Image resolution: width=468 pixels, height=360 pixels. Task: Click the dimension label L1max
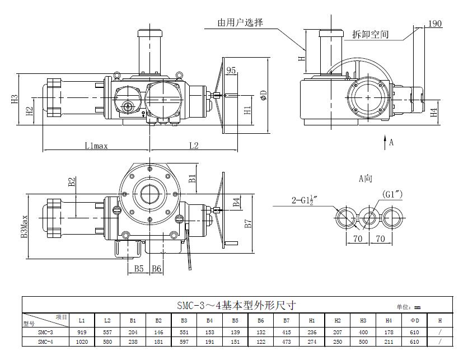click(96, 146)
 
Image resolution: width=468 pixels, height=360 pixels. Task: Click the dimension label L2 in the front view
click(193, 146)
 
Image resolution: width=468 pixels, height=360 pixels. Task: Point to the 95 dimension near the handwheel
click(231, 70)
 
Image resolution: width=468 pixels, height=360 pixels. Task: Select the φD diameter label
click(263, 96)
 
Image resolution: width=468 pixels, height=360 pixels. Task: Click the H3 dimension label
click(15, 99)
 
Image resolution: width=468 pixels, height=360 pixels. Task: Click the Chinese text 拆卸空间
click(371, 34)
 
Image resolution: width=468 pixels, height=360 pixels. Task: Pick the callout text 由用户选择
click(241, 22)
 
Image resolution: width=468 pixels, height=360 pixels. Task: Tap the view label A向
click(366, 179)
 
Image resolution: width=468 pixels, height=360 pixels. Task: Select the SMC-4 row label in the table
click(45, 342)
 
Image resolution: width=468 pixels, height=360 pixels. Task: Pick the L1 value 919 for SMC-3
click(82, 331)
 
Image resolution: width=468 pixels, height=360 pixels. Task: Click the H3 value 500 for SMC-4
click(362, 342)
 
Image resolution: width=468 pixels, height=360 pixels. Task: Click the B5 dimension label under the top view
click(139, 269)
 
